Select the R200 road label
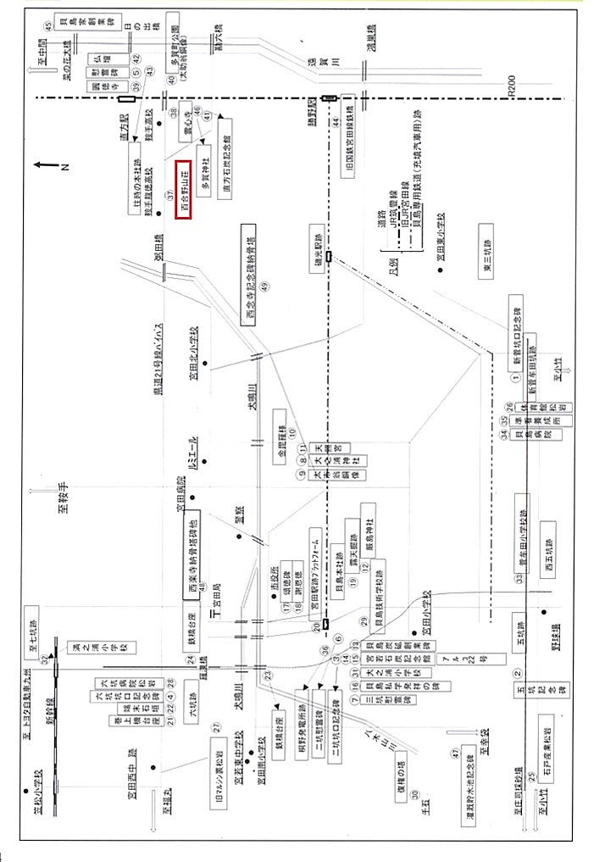(x=509, y=84)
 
